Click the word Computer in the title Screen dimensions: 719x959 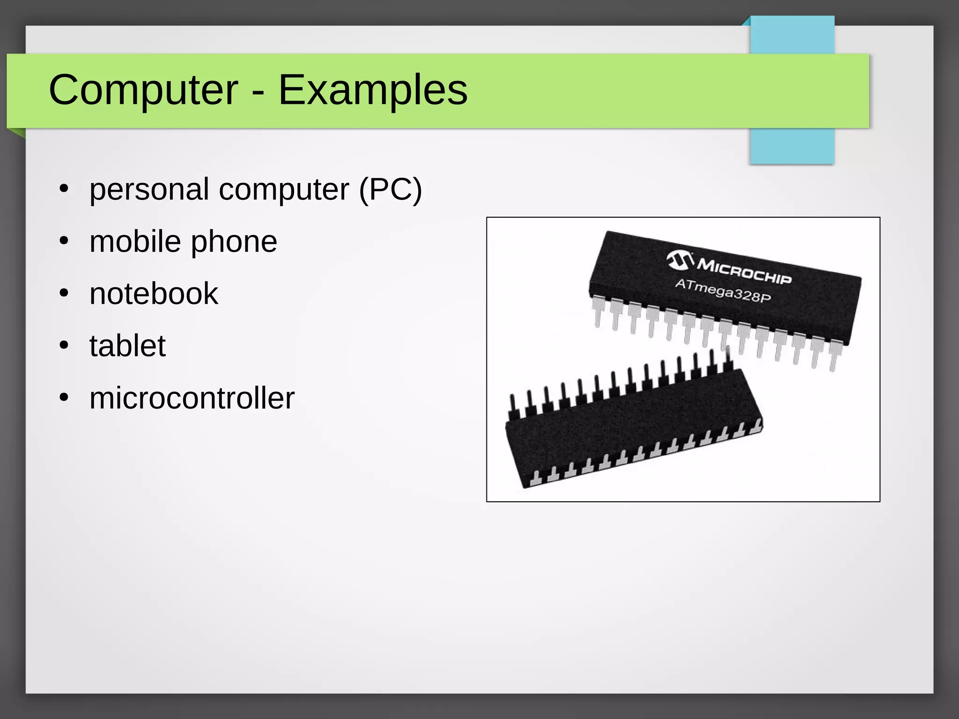tap(143, 90)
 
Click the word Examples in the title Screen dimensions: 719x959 tap(373, 90)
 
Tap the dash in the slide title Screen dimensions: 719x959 tap(258, 92)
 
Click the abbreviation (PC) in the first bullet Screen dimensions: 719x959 tap(390, 190)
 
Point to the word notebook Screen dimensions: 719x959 tap(154, 294)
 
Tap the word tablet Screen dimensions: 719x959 tap(127, 346)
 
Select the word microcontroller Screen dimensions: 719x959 tap(192, 398)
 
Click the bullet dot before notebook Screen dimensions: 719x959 tap(64, 294)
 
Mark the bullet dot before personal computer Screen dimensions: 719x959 tap(64, 190)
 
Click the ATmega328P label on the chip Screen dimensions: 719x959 tap(723, 290)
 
